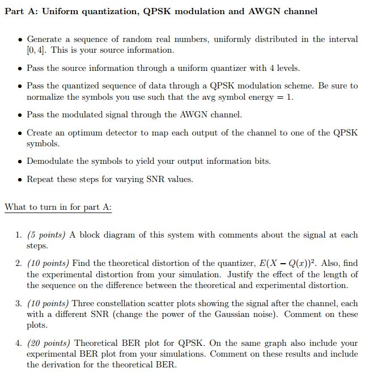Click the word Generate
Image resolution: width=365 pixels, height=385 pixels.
coord(45,40)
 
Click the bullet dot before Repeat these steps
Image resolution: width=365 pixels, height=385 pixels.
coord(20,180)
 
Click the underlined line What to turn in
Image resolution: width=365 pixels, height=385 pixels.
coord(58,207)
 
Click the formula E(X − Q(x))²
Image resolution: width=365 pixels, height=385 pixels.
coord(299,263)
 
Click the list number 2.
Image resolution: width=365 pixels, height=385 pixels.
coord(19,263)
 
